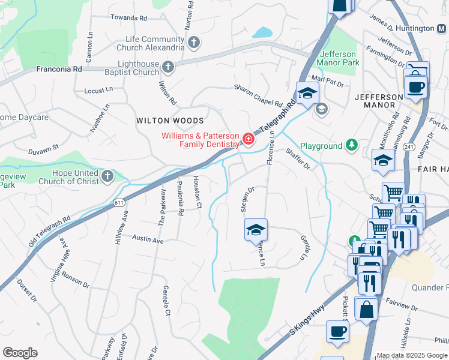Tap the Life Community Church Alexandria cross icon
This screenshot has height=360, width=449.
(x=193, y=42)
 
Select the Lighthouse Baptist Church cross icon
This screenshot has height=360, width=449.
(x=169, y=67)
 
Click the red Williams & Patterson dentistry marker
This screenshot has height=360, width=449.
(x=248, y=139)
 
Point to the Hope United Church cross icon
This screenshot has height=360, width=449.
(x=107, y=176)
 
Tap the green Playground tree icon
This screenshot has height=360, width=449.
(x=352, y=145)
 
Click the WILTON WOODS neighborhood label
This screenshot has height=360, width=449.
(x=166, y=121)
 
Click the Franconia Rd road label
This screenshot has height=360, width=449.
(x=59, y=70)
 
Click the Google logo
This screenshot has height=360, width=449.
(x=20, y=352)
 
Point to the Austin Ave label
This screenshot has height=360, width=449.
(x=148, y=240)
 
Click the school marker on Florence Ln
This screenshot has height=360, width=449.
(x=256, y=229)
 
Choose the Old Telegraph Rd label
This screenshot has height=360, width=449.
(x=49, y=232)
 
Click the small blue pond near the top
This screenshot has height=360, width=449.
(x=262, y=32)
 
